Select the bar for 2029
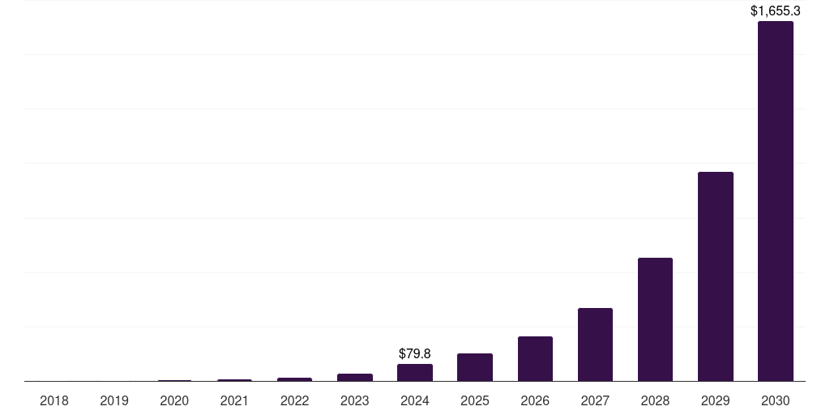pos(715,276)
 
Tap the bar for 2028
pos(655,319)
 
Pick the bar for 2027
pos(595,344)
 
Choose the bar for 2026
pos(535,359)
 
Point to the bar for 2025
pos(475,367)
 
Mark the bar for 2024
pos(415,373)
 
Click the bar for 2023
pos(355,377)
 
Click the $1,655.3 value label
pos(776,11)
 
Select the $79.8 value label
pos(415,354)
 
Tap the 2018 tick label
pos(54,400)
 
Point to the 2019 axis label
pos(114,400)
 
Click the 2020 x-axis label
pos(174,400)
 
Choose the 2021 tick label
pos(234,400)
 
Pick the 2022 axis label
pos(295,400)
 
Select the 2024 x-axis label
pos(415,400)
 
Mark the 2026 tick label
pos(535,400)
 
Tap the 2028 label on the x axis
pos(655,400)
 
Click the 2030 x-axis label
pos(775,400)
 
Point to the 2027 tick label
pos(595,400)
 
